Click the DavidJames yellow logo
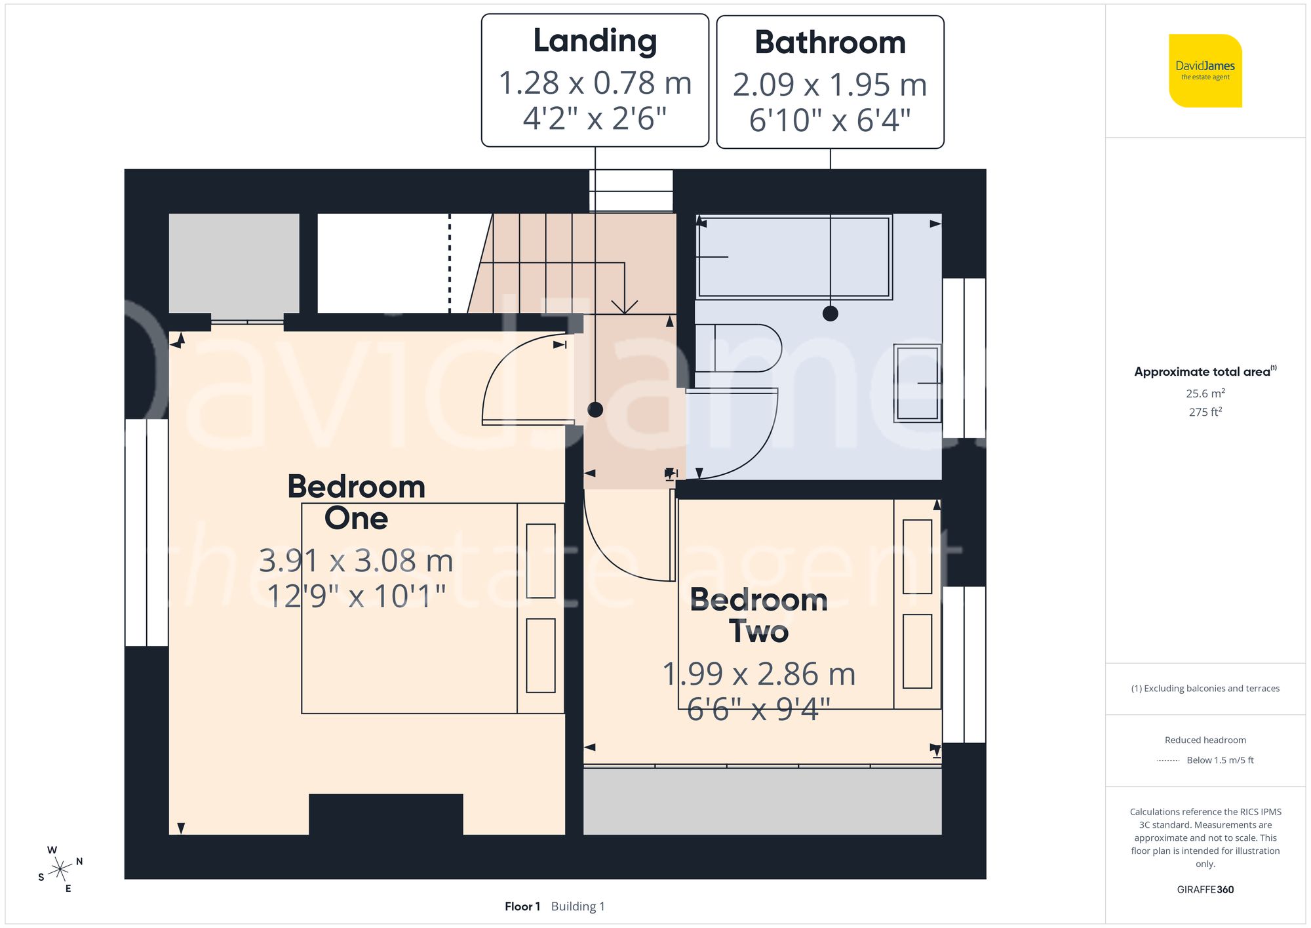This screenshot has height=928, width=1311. [1205, 71]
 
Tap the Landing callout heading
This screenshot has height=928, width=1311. [595, 41]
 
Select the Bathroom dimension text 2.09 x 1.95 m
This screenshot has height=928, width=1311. [829, 85]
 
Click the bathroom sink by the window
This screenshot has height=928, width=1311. [917, 383]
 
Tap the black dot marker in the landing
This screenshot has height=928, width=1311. [595, 410]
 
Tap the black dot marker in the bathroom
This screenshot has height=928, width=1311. [830, 313]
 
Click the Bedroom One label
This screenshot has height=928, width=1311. [356, 502]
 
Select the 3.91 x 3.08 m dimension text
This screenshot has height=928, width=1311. [356, 561]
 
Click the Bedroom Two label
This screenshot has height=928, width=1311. [758, 615]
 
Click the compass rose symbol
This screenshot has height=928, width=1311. [60, 870]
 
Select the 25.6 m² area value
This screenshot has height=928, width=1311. [1205, 393]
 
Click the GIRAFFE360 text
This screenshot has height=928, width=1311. [1205, 889]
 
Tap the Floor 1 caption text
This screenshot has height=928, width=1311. [522, 906]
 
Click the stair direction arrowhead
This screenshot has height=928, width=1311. [624, 307]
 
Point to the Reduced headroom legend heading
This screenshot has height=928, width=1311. [1205, 740]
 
